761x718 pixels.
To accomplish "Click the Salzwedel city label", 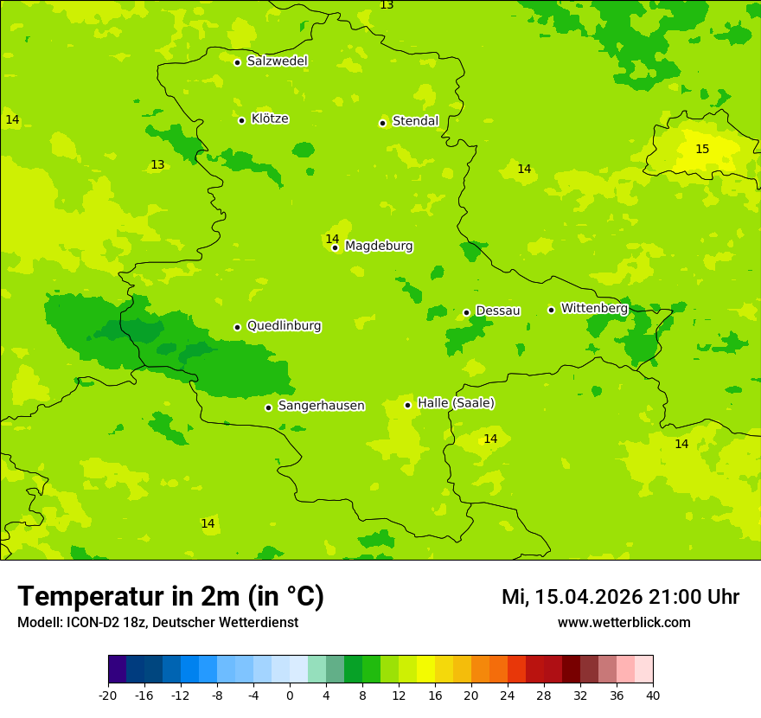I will coord(277,61).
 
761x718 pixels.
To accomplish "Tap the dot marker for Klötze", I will coord(242,120).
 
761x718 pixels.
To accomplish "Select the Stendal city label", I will coord(415,121).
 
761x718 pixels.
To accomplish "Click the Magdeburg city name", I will coord(379,247).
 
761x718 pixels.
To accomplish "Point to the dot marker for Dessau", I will coord(467,312).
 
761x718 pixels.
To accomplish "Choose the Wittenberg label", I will coord(594,309).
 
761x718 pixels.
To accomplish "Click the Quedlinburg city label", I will coord(284,326).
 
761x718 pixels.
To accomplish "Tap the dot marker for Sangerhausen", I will coord(269,407).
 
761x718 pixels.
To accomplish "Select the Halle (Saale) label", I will coord(456,403).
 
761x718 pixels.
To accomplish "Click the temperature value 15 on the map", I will coord(702,150).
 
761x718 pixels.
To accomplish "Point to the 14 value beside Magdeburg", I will coord(332,239).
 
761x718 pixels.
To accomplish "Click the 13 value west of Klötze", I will coord(157,164).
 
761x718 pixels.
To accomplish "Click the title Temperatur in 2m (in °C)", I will coord(170,596).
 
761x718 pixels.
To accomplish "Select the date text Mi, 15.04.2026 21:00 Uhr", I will coord(620,597).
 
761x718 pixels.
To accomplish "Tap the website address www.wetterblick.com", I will coord(624,623).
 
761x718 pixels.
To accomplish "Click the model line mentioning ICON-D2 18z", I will coord(157,623).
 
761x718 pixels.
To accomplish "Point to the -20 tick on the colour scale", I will coord(108,696).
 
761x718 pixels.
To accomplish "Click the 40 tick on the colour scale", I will coord(653,696).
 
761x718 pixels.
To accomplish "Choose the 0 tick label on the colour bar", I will coord(290,696).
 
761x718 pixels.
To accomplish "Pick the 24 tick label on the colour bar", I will coord(508,696).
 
